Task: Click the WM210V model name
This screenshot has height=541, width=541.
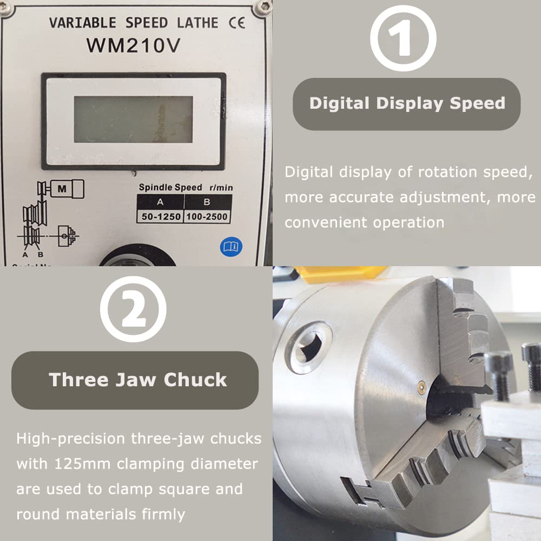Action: [x=133, y=45]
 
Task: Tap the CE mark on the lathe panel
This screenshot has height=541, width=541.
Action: [x=236, y=23]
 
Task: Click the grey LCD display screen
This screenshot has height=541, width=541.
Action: [x=133, y=120]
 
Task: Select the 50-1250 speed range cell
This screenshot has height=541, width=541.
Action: [x=161, y=217]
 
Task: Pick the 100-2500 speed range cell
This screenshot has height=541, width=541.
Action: [x=207, y=217]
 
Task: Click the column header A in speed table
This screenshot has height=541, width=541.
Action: [x=161, y=202]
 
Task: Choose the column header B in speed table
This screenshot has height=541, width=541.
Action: [x=207, y=202]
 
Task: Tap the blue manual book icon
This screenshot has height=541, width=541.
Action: [x=230, y=247]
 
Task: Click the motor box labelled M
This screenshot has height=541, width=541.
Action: [x=63, y=189]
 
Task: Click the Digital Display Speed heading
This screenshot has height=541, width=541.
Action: [x=407, y=103]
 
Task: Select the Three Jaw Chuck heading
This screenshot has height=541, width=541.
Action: [x=138, y=379]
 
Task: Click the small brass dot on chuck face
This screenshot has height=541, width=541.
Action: [x=420, y=385]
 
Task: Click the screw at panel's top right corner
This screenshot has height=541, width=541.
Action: [x=263, y=7]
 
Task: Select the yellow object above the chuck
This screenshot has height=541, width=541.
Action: [x=338, y=274]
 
